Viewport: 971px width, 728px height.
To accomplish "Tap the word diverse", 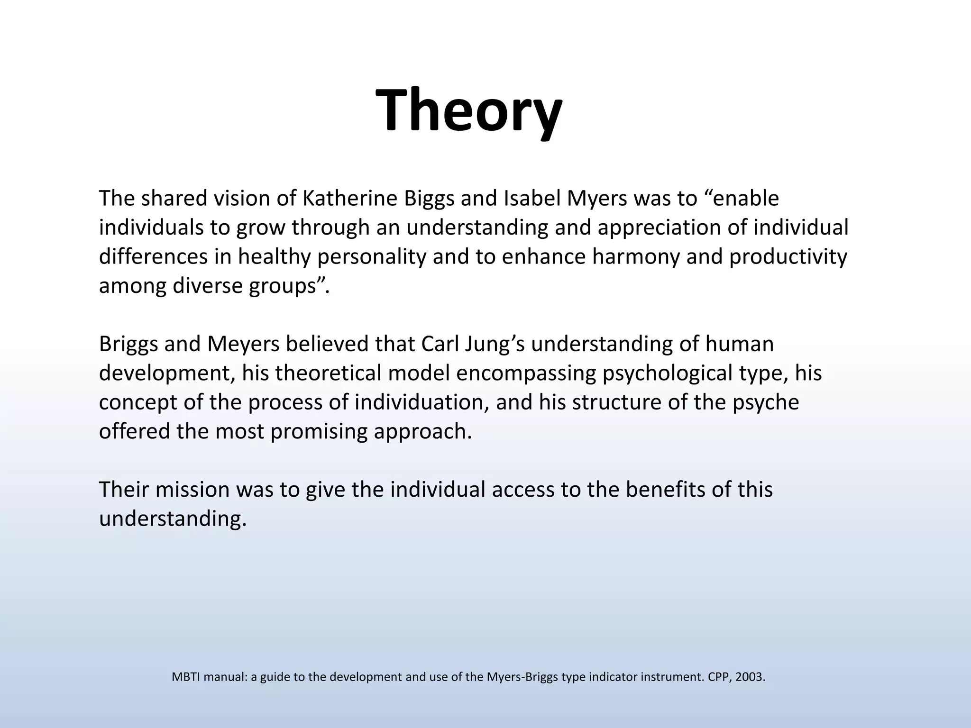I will tap(208, 286).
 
